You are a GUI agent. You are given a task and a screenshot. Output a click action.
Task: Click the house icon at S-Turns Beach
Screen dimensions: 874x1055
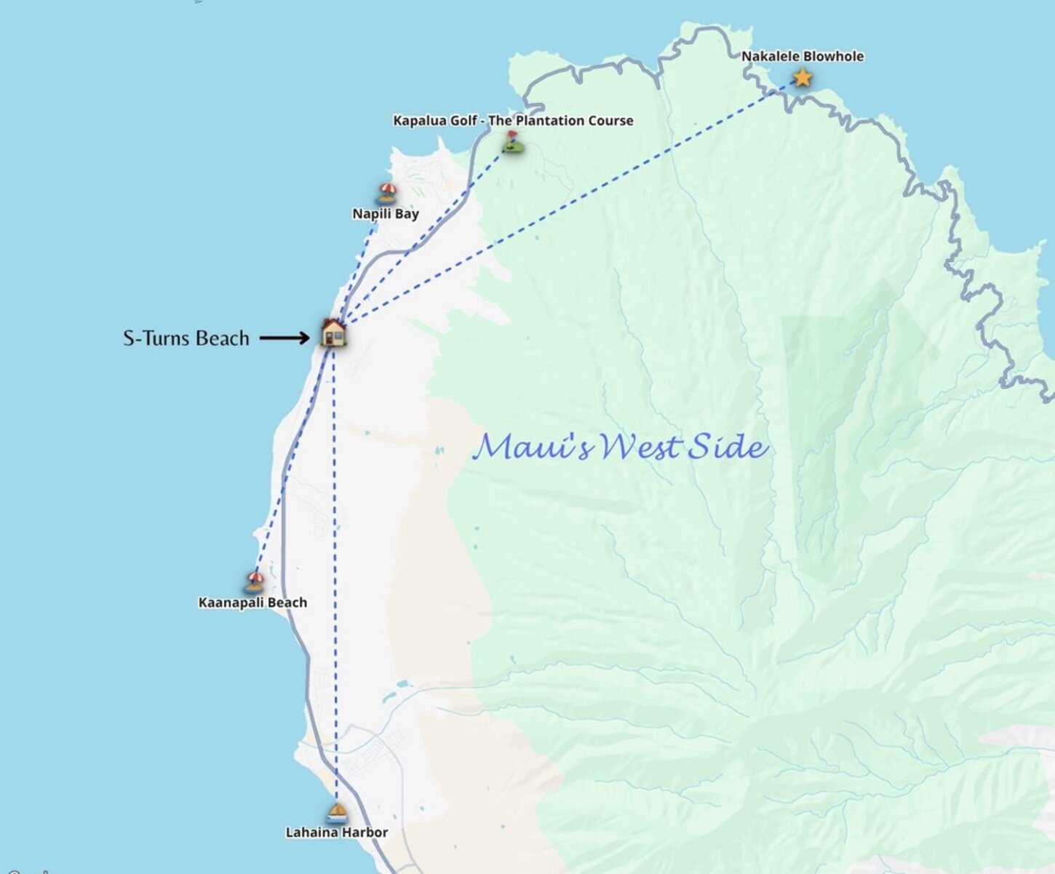click(333, 333)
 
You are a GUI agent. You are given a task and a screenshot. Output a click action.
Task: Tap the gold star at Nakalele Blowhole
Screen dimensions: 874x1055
click(802, 77)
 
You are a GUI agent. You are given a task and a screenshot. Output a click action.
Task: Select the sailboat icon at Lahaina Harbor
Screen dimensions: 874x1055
click(336, 812)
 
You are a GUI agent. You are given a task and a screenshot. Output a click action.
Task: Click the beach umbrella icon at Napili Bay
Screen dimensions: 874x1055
click(387, 194)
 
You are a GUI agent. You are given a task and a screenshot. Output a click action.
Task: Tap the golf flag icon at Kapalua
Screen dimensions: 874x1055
click(513, 142)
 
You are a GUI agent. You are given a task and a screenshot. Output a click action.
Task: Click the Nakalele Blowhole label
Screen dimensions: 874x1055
click(803, 56)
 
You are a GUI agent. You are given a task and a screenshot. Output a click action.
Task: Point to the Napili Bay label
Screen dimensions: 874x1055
click(386, 214)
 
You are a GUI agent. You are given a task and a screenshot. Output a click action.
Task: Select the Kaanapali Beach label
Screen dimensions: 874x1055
click(252, 603)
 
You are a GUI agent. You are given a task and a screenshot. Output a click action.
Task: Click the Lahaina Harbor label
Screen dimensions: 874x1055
click(336, 833)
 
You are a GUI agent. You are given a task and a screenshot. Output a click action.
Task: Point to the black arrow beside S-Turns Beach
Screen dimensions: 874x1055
click(284, 338)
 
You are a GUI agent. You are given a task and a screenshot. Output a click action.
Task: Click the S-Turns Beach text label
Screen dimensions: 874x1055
click(186, 338)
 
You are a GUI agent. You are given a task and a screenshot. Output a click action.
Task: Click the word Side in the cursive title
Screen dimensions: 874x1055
click(728, 446)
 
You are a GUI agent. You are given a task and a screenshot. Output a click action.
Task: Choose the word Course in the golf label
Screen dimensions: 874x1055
click(610, 121)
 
